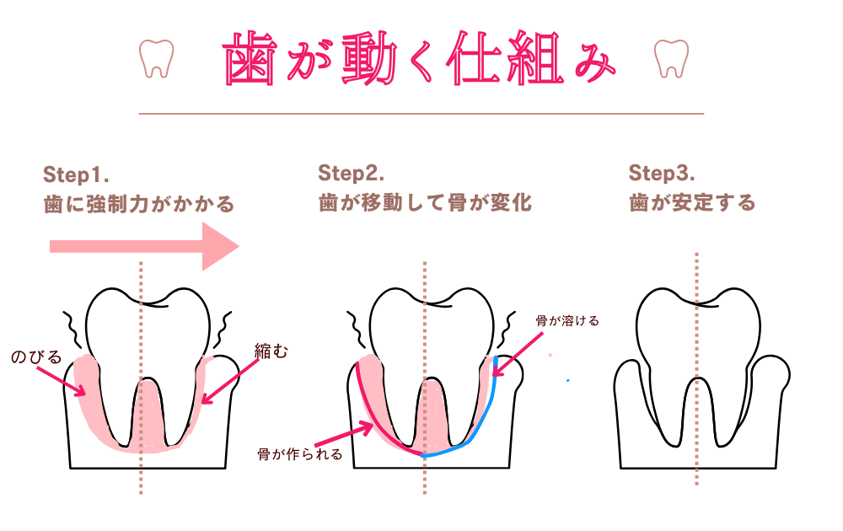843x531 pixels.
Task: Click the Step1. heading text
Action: tap(77, 174)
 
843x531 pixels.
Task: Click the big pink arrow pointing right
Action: tap(143, 246)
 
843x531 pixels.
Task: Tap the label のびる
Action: tap(36, 357)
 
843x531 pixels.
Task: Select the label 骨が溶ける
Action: tap(566, 322)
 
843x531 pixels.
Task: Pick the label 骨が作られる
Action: tap(300, 454)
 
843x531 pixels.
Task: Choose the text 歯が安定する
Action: tap(692, 203)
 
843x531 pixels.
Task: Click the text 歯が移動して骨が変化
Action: tap(425, 203)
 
